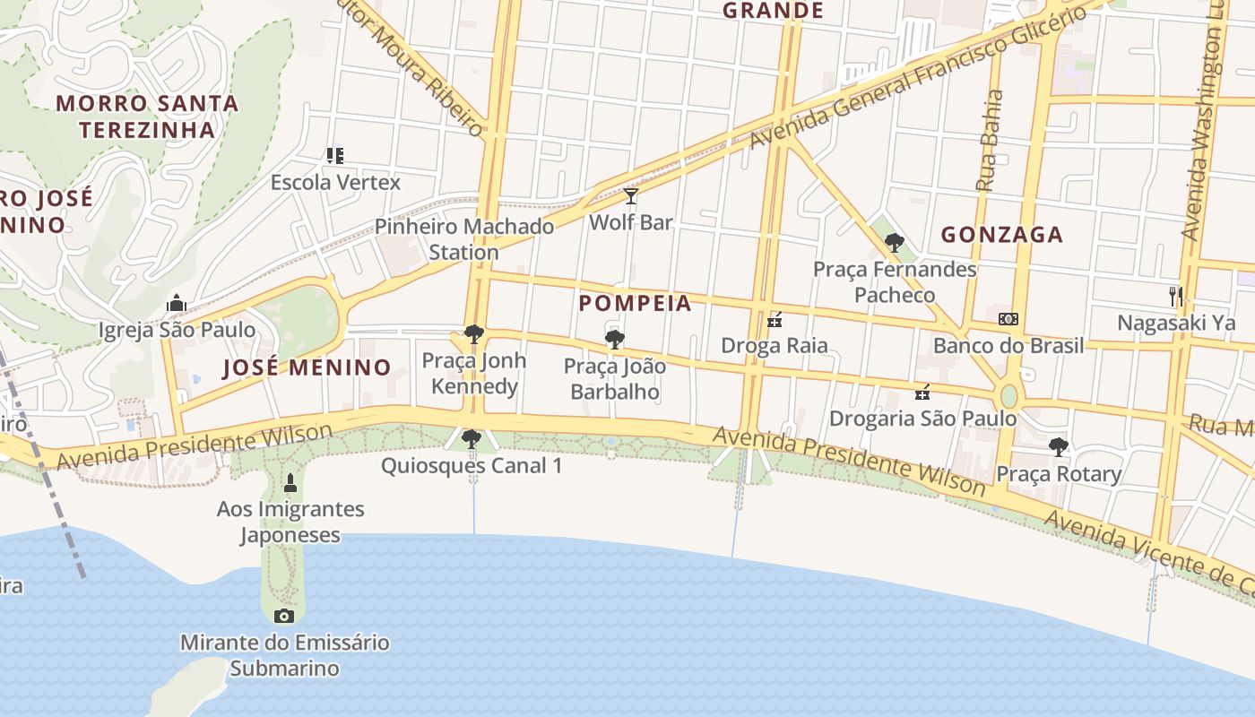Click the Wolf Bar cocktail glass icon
[631, 196]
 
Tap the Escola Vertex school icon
[335, 156]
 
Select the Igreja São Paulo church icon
[177, 304]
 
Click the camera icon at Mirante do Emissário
[284, 616]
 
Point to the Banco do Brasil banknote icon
[1008, 319]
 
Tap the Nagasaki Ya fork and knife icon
[1176, 296]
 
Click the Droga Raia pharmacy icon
[775, 320]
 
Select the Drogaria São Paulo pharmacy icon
[922, 393]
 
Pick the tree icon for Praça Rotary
[1059, 446]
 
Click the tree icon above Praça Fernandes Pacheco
[894, 243]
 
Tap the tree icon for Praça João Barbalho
[615, 339]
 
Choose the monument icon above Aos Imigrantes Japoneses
[290, 484]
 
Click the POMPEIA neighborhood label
[636, 303]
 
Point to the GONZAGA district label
[1001, 235]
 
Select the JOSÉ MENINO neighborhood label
[307, 367]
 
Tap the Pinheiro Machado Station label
[464, 239]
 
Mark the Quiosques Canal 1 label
[472, 466]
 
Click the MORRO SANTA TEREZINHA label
[148, 117]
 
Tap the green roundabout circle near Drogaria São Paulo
[1009, 395]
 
